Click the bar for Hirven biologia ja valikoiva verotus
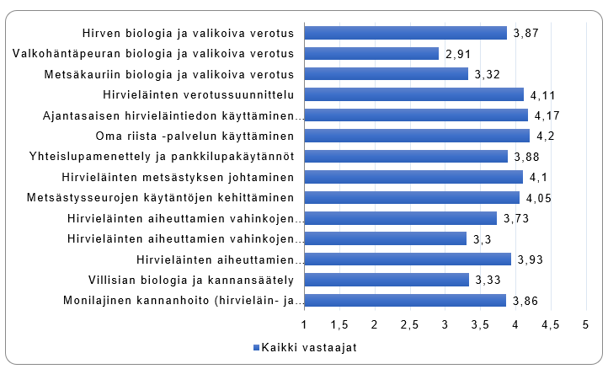pos(405,33)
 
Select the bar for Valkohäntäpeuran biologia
pos(371,53)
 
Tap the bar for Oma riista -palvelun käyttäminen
pos(417,136)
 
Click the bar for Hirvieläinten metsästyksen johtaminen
pos(413,177)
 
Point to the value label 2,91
pos(459,54)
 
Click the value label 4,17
pos(547,115)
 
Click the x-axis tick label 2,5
pos(409,324)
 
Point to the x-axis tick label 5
pos(585,324)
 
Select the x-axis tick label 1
pos(304,324)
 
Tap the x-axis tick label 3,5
pos(480,324)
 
